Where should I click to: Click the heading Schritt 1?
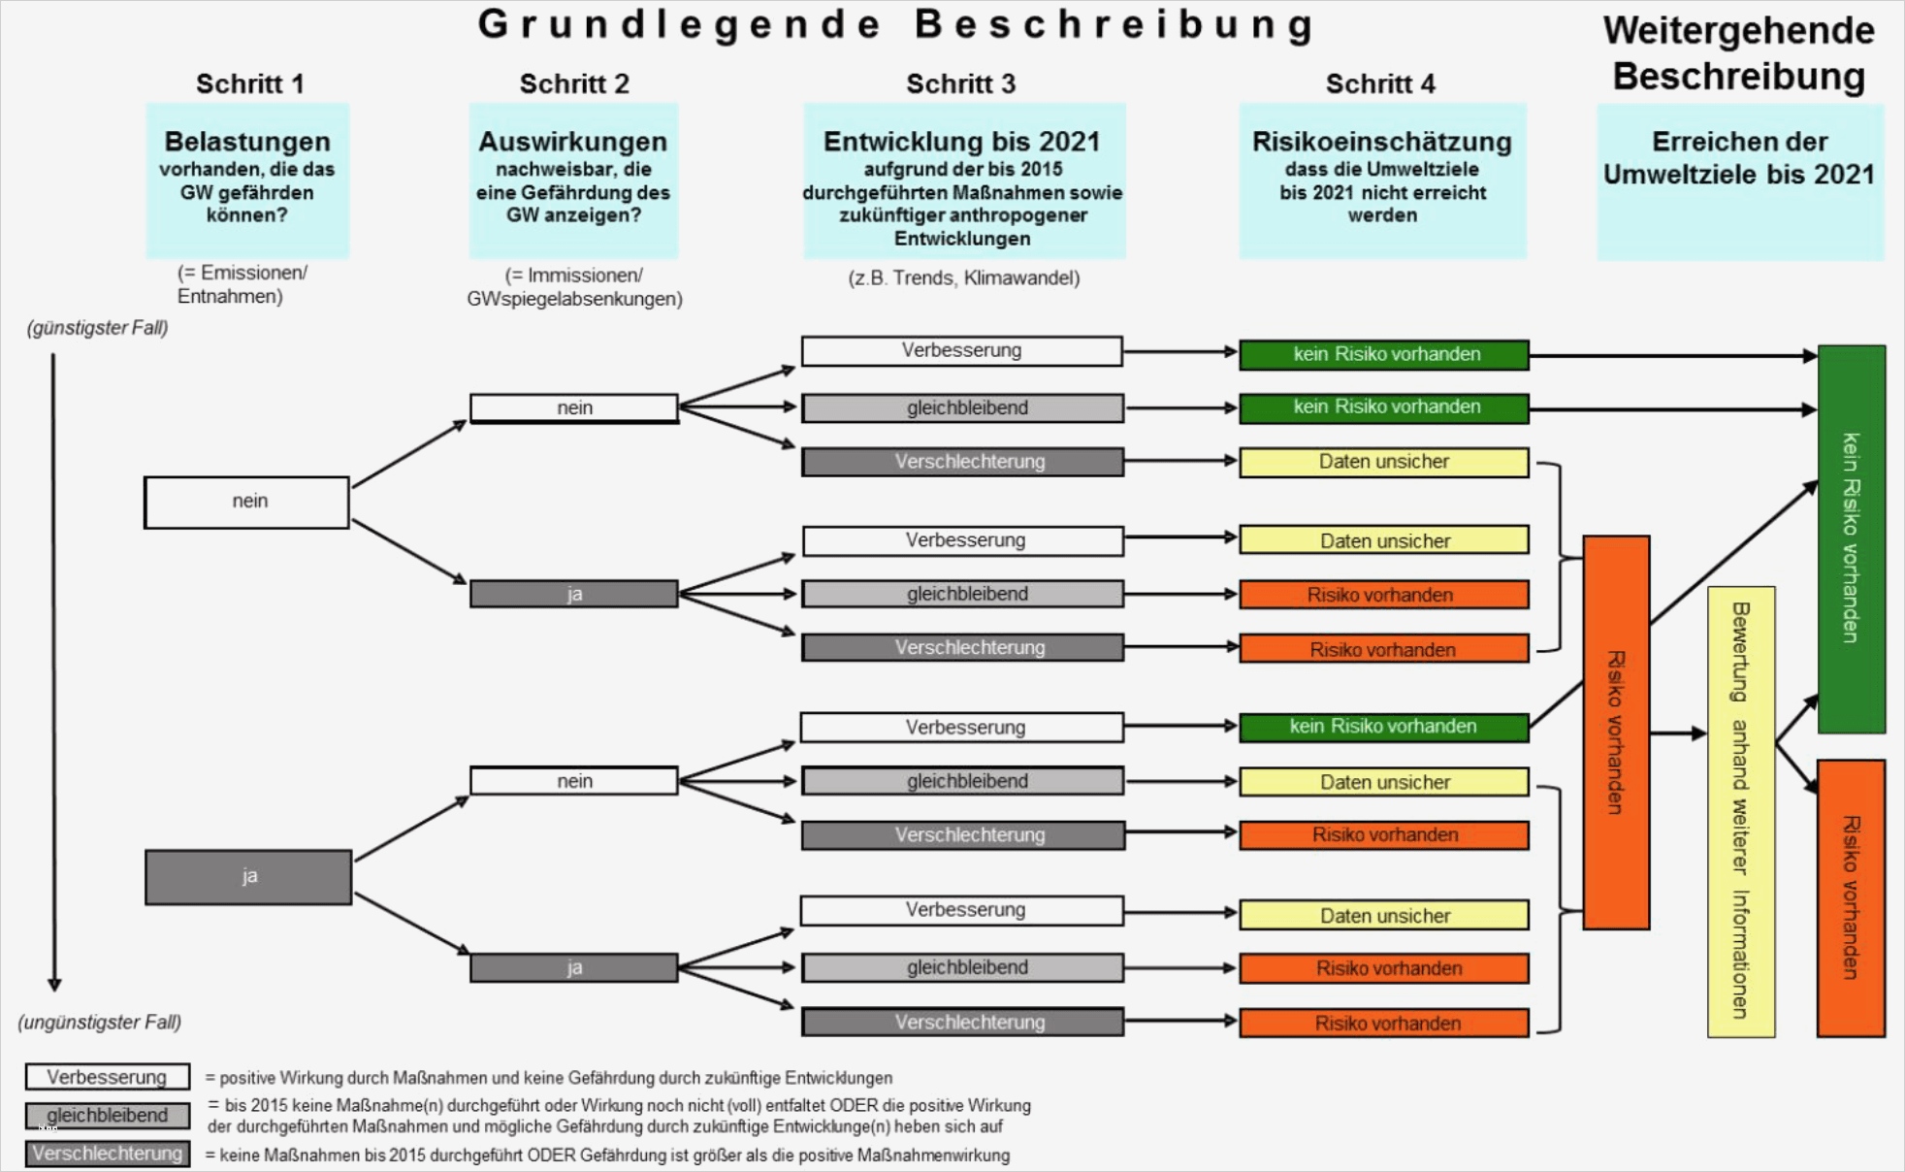click(x=250, y=84)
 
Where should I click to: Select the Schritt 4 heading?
click(x=1380, y=84)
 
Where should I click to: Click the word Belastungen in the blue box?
click(x=247, y=142)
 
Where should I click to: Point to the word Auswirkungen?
click(x=572, y=142)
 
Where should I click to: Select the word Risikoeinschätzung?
click(x=1381, y=142)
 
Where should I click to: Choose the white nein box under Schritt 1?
click(x=246, y=502)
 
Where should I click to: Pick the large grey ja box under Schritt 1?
click(x=248, y=877)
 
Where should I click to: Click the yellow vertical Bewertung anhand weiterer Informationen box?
click(x=1741, y=811)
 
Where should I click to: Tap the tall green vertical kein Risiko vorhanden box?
click(x=1851, y=538)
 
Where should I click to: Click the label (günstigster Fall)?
click(x=98, y=328)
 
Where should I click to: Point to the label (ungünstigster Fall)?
click(x=100, y=1022)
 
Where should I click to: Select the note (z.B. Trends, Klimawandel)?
click(x=963, y=278)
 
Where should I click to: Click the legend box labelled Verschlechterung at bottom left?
click(x=108, y=1154)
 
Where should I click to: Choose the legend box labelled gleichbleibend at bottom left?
click(x=108, y=1116)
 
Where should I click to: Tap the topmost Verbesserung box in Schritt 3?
click(x=961, y=350)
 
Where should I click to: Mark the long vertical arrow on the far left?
click(x=54, y=669)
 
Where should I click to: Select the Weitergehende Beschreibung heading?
click(x=1738, y=53)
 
